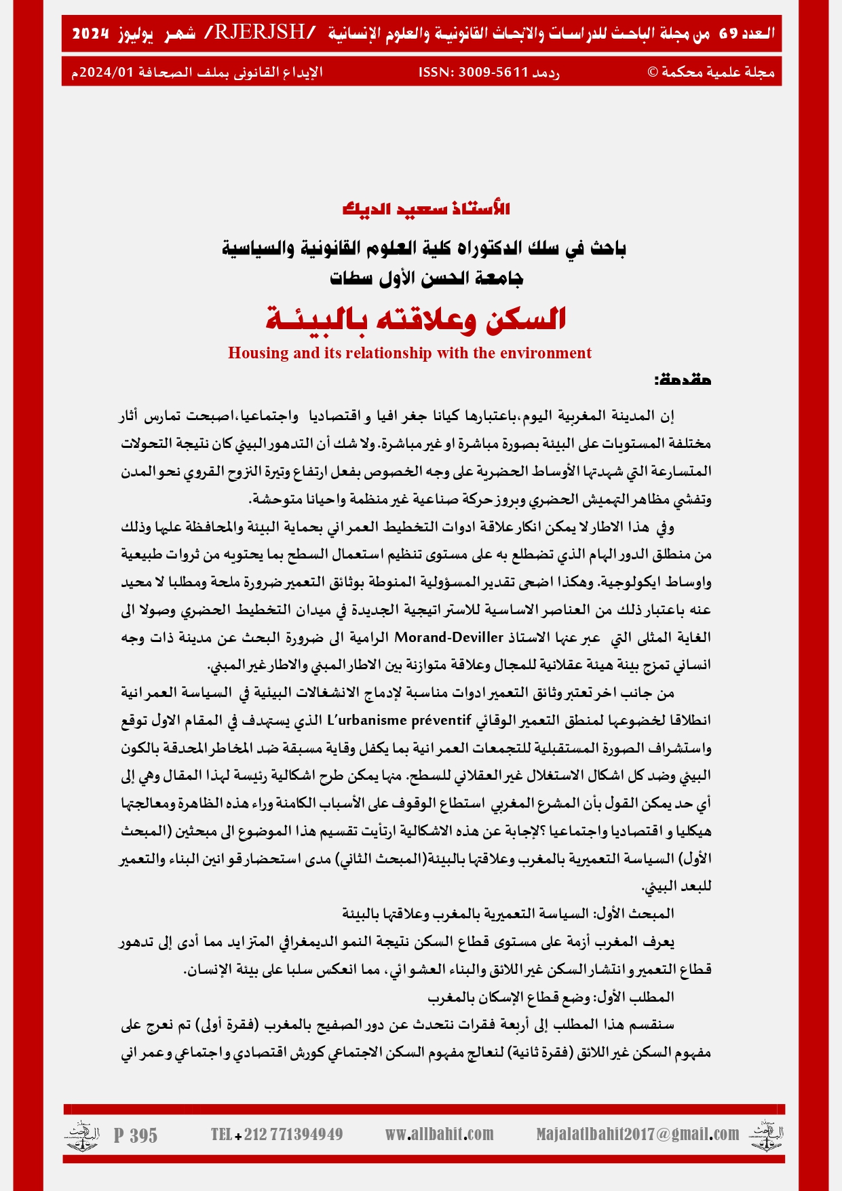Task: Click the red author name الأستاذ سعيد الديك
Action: tap(426, 208)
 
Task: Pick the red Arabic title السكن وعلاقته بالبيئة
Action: tap(416, 319)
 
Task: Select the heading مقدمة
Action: tap(683, 380)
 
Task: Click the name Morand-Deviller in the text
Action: tap(448, 637)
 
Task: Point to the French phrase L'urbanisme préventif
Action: tap(398, 719)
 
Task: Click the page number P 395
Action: tap(136, 1135)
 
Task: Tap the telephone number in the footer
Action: tap(277, 1134)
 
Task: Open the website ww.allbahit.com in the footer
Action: tap(439, 1134)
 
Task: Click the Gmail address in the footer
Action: tap(637, 1134)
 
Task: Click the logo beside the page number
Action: tap(82, 1135)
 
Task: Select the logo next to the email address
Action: tap(766, 1135)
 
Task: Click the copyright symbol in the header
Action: tap(653, 73)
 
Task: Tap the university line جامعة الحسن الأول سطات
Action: tap(427, 278)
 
